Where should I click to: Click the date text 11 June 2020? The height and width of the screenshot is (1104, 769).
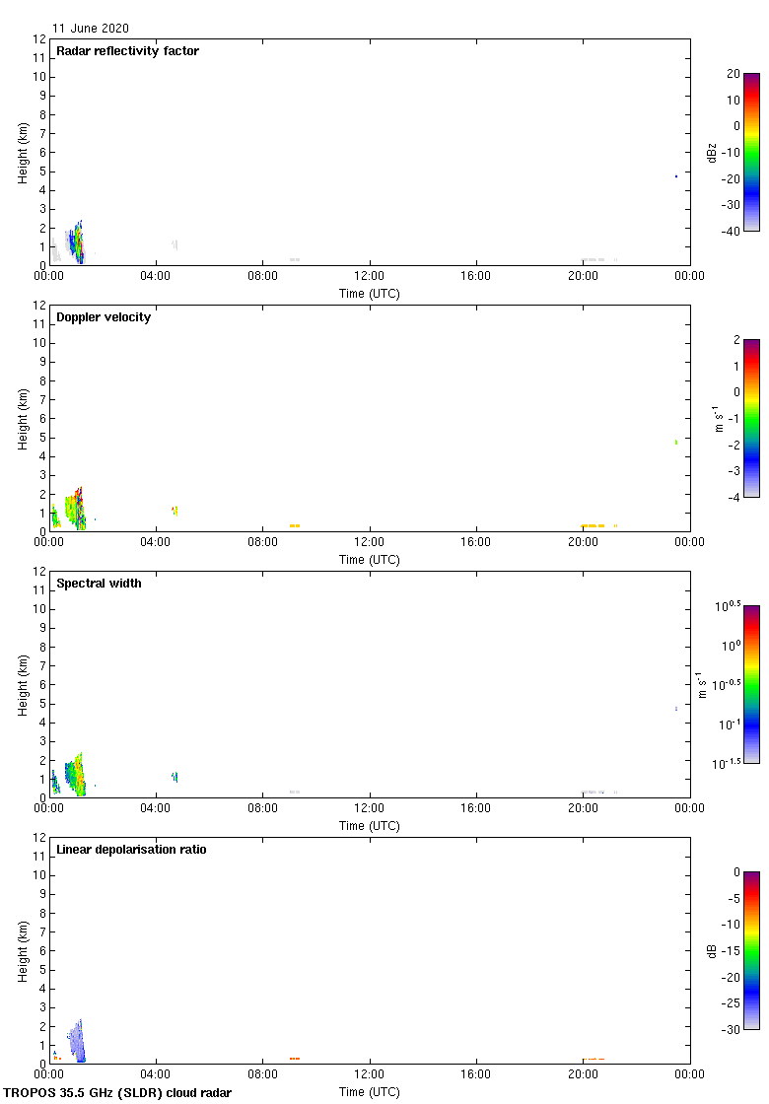91,29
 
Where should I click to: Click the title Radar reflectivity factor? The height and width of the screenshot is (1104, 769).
127,51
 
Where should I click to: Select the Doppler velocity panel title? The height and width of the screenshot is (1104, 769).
104,317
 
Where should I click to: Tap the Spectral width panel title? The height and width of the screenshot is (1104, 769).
98,584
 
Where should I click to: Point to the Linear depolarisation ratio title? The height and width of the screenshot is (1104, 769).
131,850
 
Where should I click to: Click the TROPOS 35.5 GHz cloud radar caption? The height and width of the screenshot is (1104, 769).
118,1093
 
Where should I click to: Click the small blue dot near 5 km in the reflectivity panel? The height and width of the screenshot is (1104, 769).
676,176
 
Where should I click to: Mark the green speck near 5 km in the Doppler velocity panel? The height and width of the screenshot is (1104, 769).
676,443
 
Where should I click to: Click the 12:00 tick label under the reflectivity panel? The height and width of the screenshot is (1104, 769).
370,277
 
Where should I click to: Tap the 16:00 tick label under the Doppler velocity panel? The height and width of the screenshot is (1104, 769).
476,543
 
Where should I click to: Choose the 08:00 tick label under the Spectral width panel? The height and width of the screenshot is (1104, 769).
263,809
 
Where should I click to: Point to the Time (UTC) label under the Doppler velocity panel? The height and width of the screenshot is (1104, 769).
370,560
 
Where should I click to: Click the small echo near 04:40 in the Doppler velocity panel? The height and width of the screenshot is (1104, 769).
174,510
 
